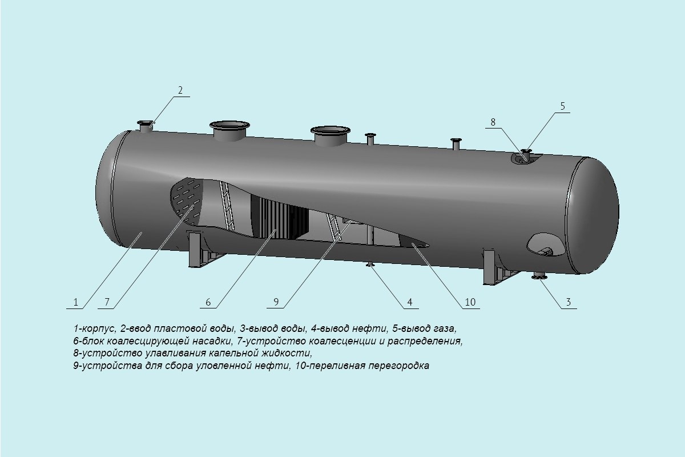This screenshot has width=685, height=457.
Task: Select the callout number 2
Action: coord(180,90)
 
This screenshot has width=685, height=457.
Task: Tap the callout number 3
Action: coord(568,302)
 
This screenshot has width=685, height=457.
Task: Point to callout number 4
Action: coord(409,302)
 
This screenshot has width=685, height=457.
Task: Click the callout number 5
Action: coord(562,106)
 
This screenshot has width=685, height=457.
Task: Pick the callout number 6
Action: coord(208,302)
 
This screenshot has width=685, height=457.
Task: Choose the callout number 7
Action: coord(106,302)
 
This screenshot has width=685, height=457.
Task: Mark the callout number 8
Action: coord(493,122)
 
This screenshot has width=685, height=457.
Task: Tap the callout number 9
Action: coord(276,302)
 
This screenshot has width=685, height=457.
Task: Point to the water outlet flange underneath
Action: coord(539,278)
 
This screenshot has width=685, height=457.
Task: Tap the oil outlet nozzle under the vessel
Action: coord(370,264)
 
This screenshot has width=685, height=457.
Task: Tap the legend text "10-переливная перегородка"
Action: coord(360,366)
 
